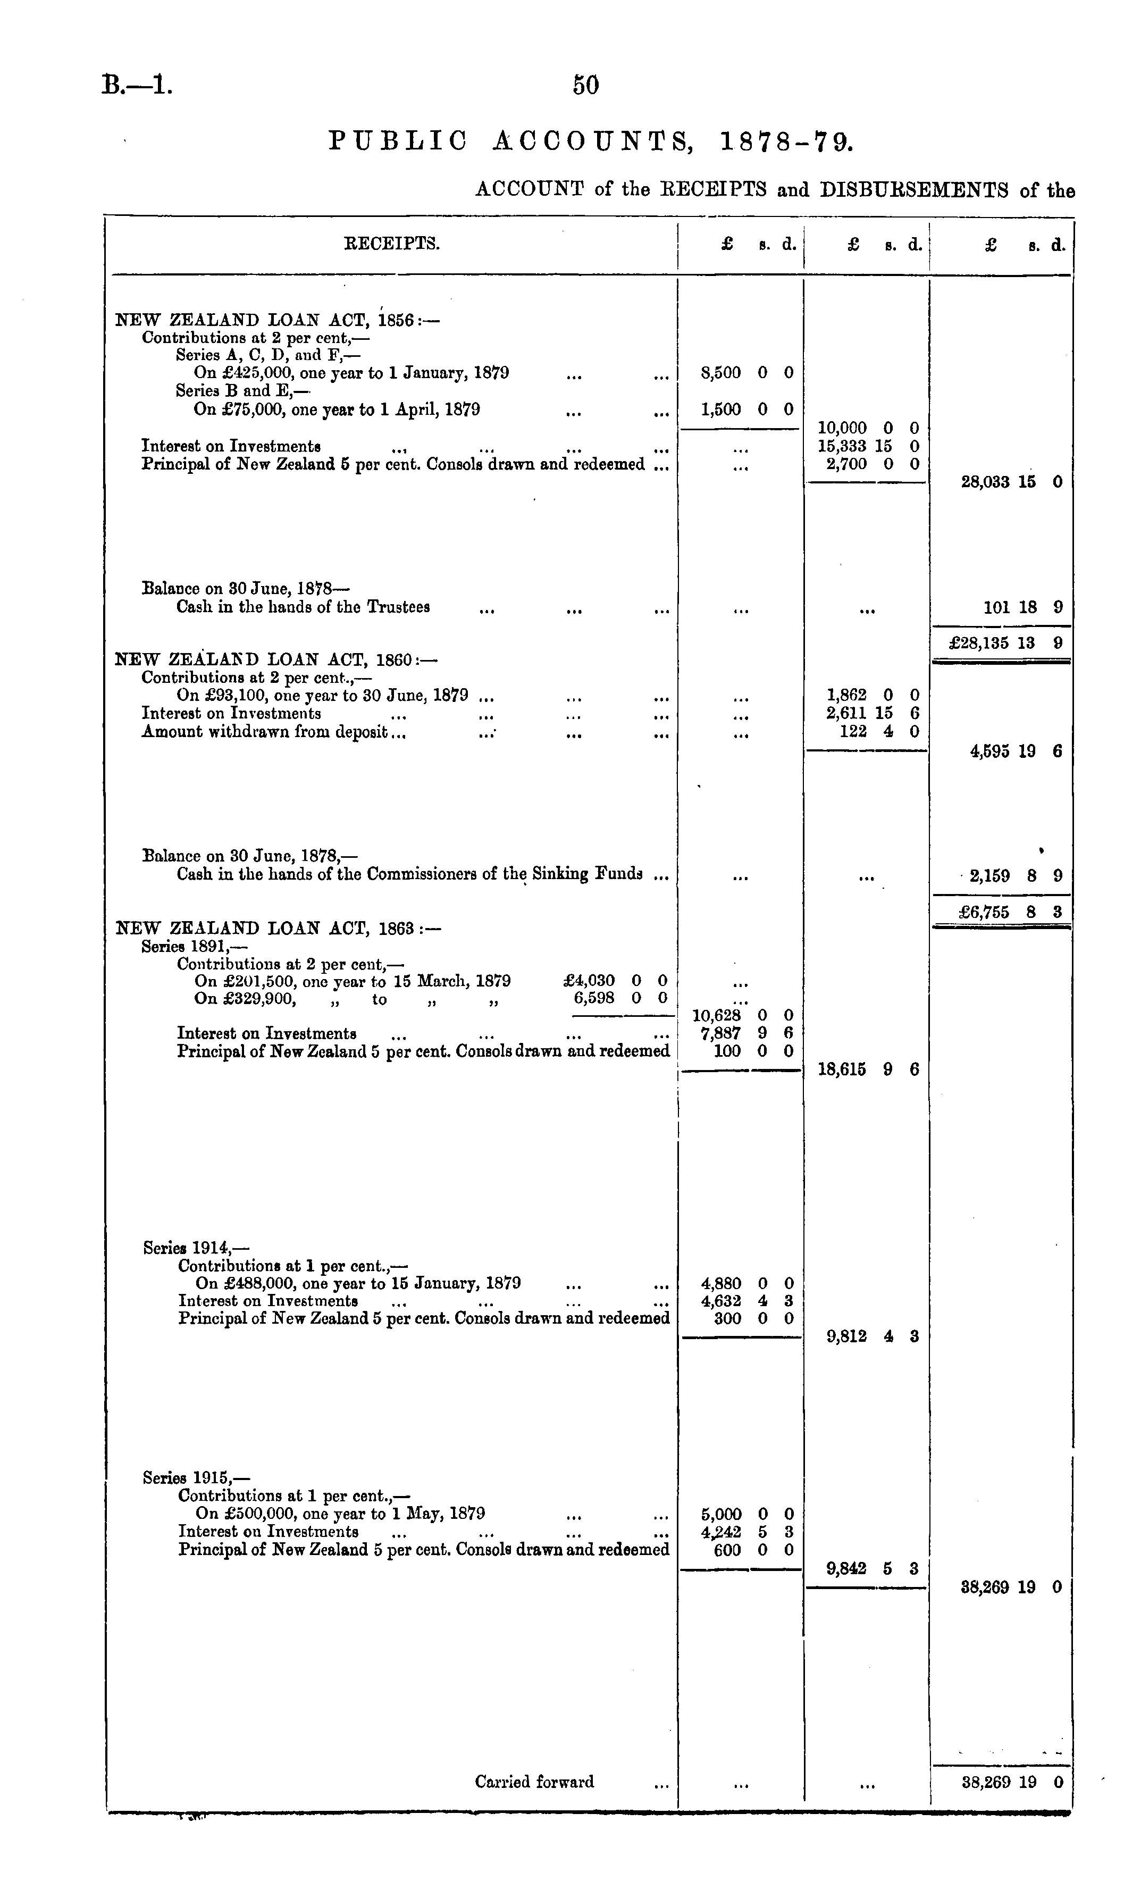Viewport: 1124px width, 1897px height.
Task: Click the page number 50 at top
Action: coord(585,85)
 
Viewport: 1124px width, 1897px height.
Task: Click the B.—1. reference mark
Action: coord(137,85)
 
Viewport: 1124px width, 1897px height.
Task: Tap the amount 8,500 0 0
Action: coord(746,373)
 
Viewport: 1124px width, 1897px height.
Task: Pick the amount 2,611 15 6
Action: coord(872,713)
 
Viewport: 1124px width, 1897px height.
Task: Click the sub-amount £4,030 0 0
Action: coord(615,981)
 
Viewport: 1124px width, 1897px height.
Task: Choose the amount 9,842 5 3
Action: coord(873,1568)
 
